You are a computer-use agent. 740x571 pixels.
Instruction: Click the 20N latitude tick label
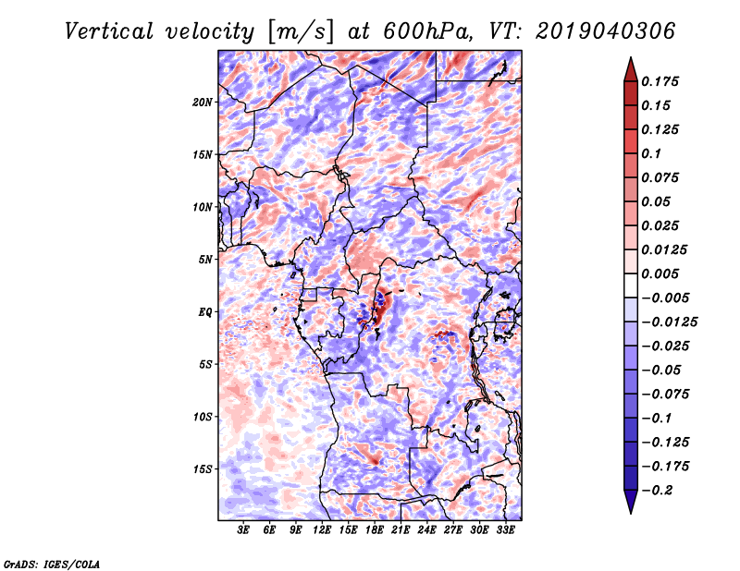(x=203, y=102)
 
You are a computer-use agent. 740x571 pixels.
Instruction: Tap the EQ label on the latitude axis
(x=206, y=311)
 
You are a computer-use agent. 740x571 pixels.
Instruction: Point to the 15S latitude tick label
(x=203, y=468)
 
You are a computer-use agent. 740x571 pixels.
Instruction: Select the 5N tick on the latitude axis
(x=204, y=259)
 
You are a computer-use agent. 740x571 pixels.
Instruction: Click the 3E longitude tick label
(x=244, y=530)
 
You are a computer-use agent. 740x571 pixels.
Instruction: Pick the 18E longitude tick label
(x=375, y=530)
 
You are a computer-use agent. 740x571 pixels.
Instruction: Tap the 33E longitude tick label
(x=505, y=530)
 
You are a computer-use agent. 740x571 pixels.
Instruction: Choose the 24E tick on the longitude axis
(x=427, y=530)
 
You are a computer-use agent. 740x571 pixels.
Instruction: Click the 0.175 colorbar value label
(x=661, y=81)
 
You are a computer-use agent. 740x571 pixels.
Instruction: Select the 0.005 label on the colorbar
(x=661, y=273)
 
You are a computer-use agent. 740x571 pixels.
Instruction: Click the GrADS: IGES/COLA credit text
(x=51, y=563)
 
